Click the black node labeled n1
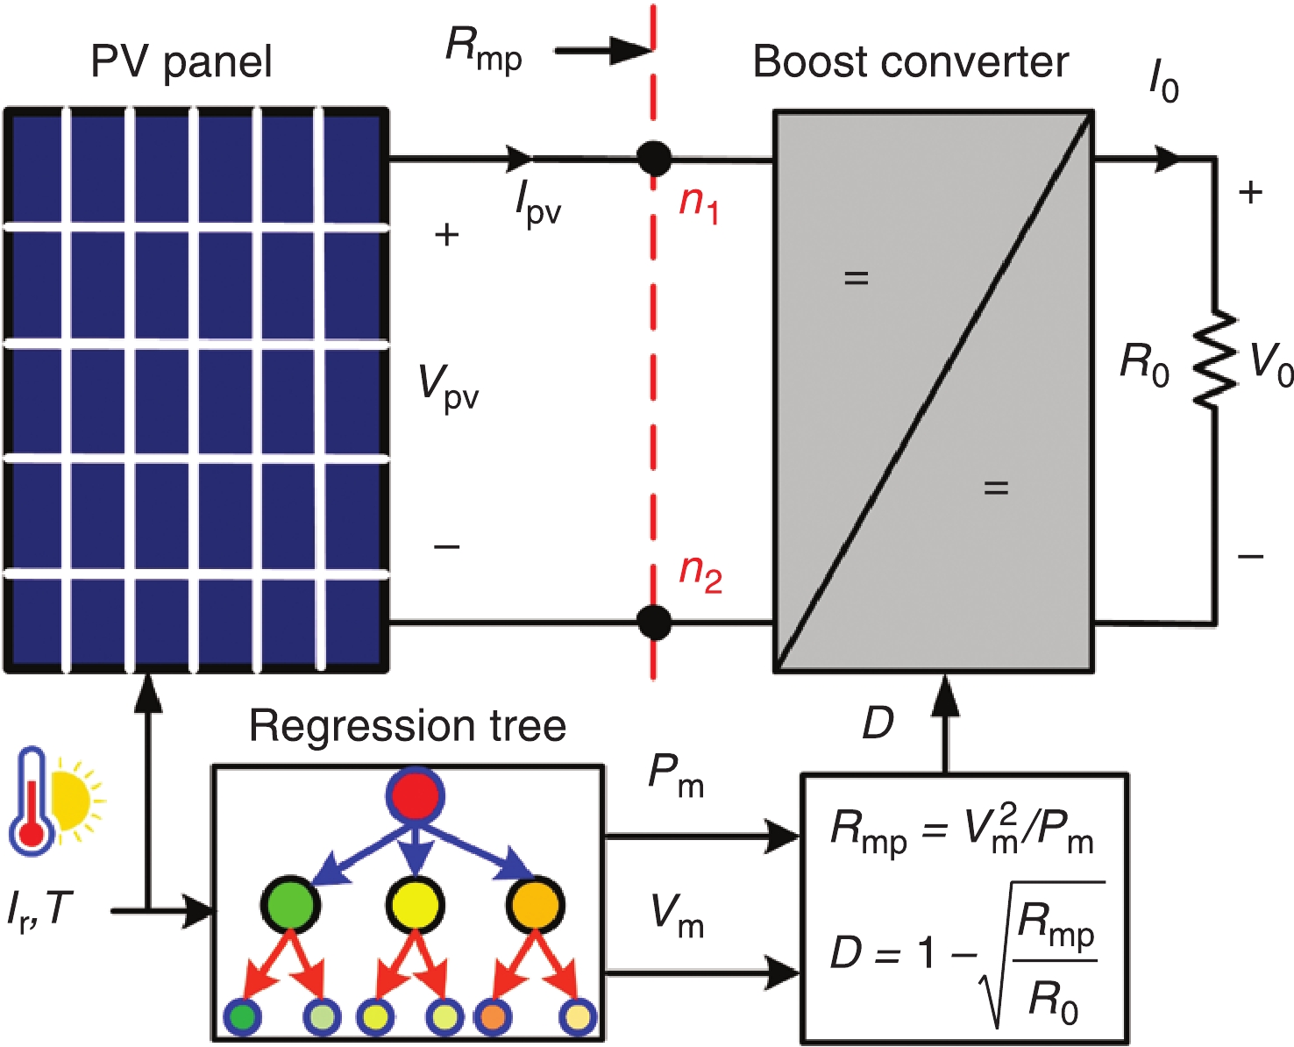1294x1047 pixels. [x=653, y=160]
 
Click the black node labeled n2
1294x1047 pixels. [x=653, y=623]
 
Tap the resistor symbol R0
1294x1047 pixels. [x=1215, y=360]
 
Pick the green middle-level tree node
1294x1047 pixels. [x=289, y=904]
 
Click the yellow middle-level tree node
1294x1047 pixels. [x=415, y=904]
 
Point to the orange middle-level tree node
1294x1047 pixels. [x=534, y=904]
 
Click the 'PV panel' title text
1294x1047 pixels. [x=181, y=62]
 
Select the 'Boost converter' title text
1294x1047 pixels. [x=910, y=62]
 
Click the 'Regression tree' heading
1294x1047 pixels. [x=408, y=726]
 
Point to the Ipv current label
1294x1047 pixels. [x=537, y=206]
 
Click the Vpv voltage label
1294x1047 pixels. [x=448, y=387]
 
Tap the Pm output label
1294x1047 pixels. [x=675, y=776]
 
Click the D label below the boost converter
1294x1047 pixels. [x=878, y=723]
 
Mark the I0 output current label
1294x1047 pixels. [x=1163, y=83]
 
